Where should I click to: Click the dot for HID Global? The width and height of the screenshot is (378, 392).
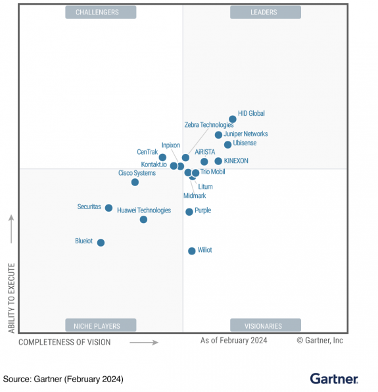[x=232, y=120]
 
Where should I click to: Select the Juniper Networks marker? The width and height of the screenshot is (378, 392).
[x=218, y=135]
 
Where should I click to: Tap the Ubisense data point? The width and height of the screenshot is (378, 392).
[x=227, y=145]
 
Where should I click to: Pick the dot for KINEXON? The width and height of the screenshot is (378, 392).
[x=218, y=161]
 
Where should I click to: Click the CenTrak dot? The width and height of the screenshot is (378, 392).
[x=162, y=158]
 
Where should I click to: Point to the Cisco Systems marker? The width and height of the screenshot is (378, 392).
[x=135, y=182]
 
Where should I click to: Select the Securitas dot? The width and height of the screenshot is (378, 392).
[x=108, y=208]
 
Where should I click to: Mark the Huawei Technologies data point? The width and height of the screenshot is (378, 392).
[x=143, y=220]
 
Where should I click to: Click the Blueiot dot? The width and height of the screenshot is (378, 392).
[x=101, y=243]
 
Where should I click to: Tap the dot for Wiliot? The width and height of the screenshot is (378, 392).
[x=191, y=251]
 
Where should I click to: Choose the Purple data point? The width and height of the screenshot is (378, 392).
[x=189, y=212]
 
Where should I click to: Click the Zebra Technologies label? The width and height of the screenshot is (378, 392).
[x=208, y=125]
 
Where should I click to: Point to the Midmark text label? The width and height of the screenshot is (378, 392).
[x=195, y=196]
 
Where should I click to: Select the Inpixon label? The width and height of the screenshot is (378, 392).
[x=170, y=145]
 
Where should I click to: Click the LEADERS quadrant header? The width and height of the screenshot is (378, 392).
[x=265, y=12]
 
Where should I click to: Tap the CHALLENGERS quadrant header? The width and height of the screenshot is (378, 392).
[x=101, y=12]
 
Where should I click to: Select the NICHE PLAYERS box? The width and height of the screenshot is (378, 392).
[x=101, y=326]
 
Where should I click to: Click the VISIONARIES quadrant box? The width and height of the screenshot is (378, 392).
[x=265, y=326]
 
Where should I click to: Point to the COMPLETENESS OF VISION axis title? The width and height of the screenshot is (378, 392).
[x=64, y=342]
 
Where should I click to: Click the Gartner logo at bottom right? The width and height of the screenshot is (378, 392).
[x=334, y=379]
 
